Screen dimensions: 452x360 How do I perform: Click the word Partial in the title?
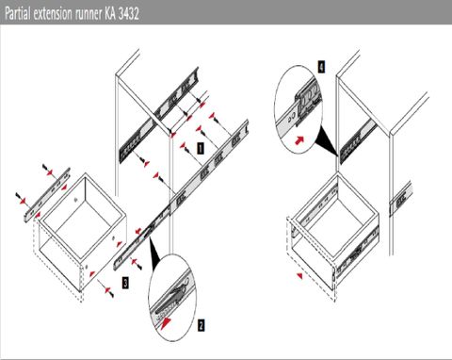(x=17, y=14)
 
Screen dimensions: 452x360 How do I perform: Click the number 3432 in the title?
(x=129, y=14)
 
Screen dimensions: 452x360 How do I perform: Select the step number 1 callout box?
(x=201, y=148)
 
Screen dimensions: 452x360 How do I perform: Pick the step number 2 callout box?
(x=201, y=325)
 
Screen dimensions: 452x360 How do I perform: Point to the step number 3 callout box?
(x=125, y=283)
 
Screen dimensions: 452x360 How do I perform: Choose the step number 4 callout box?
(x=321, y=67)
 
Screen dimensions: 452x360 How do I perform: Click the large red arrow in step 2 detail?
(x=167, y=322)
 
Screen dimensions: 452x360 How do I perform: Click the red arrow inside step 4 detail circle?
(x=299, y=139)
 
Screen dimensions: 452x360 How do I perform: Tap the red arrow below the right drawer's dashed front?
(x=300, y=276)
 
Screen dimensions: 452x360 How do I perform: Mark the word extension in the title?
(x=53, y=14)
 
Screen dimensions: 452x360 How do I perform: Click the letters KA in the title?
(x=110, y=14)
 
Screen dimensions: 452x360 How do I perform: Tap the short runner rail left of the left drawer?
(x=47, y=195)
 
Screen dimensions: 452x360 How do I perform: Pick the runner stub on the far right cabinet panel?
(x=400, y=199)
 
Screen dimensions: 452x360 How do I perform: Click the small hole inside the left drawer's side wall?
(x=76, y=199)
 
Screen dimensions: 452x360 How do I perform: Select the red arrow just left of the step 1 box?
(x=184, y=145)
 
